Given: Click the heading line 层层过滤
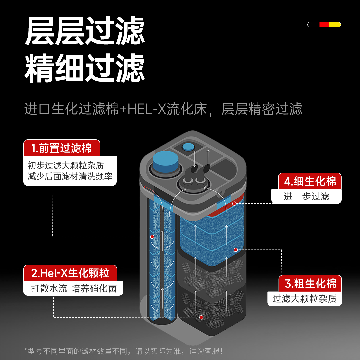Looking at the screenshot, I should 85,31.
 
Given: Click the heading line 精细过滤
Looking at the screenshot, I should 85,68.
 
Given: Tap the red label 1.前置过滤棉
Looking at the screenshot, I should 62,148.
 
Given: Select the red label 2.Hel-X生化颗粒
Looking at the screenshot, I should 70,273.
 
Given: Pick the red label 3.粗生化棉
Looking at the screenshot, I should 310,284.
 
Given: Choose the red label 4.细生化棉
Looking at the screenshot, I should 310,181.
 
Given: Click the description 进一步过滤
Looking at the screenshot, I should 306,196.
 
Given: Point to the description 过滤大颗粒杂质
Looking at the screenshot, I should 304,299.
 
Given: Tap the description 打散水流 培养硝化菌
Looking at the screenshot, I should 74,288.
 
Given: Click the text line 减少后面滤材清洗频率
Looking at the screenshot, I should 70,176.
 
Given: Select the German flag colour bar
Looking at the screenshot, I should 324,25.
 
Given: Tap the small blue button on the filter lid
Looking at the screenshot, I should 188,147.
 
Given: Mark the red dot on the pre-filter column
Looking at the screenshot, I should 152,237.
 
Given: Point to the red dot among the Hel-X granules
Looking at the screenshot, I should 201,317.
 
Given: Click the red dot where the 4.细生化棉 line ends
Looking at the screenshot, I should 234,204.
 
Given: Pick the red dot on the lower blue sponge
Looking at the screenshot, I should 236,250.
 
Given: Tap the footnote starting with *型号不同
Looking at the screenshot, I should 124,351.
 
